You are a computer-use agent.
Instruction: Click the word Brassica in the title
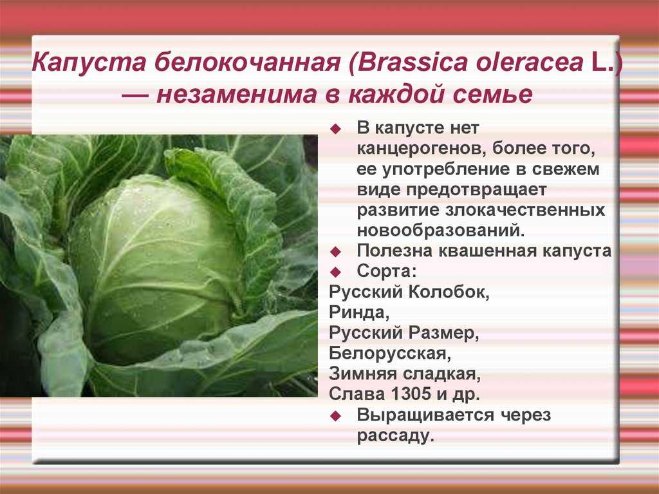point(413,62)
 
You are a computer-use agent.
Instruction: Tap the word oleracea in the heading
point(530,62)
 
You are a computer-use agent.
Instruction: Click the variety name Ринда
point(359,312)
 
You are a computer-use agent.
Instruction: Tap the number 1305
point(411,394)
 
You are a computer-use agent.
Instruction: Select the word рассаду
point(395,435)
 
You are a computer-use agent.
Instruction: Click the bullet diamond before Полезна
point(335,252)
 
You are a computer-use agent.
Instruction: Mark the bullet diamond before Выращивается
point(335,415)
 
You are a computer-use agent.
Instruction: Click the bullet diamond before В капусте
point(335,129)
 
